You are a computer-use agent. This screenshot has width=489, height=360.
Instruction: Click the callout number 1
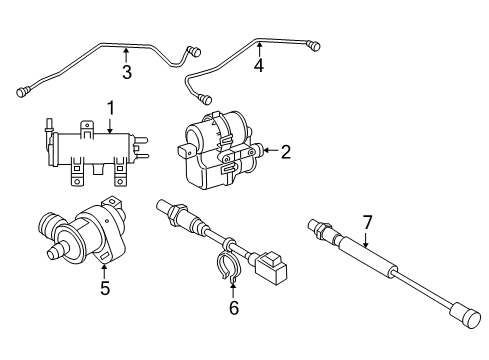pos(111,106)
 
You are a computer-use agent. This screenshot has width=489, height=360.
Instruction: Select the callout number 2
pos(285,152)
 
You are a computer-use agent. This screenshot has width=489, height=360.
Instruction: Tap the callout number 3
pos(127,71)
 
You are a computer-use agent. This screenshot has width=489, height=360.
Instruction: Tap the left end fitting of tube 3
pos(21,92)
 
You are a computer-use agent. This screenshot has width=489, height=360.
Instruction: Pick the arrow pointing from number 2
pos(269,152)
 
